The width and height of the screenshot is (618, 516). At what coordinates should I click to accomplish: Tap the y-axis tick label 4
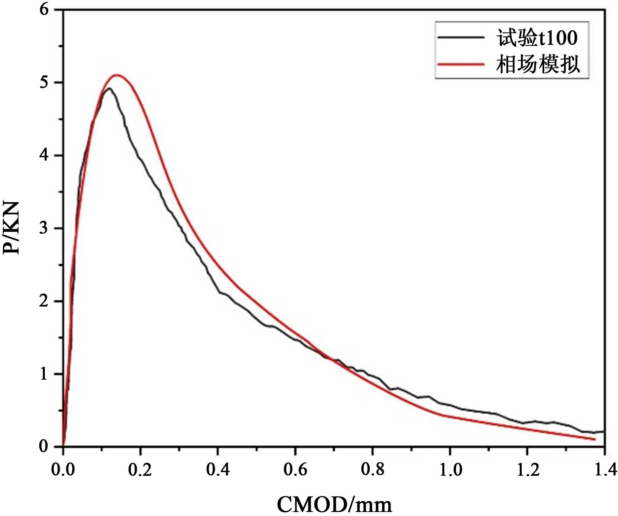point(44,155)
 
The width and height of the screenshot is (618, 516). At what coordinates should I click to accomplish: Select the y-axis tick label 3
point(44,228)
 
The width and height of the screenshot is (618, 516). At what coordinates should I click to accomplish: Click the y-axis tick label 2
point(44,301)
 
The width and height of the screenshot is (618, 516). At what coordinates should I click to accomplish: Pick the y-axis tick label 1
point(44,374)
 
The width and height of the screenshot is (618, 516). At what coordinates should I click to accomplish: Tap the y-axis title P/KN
point(11,228)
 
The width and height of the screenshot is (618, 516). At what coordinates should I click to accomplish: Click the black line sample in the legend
point(461,37)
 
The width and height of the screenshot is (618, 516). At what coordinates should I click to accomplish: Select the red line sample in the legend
point(461,64)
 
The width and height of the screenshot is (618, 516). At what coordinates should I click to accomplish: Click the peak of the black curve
point(109,88)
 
